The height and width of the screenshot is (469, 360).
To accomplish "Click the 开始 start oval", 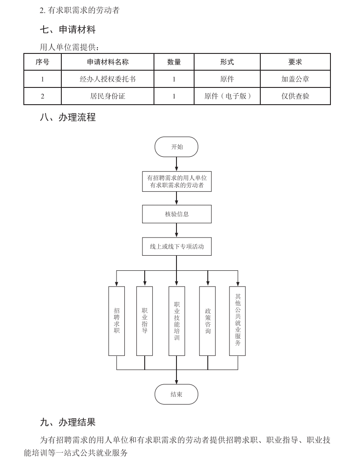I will pos(176,147).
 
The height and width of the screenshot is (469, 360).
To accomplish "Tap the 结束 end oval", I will pos(176,394).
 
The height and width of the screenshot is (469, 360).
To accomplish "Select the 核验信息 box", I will pos(176,214).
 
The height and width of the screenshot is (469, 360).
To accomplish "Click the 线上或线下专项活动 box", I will pos(176,246).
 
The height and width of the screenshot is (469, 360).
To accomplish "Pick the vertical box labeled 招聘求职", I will pos(116,321).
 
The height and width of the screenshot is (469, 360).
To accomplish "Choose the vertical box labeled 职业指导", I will pos(145,321).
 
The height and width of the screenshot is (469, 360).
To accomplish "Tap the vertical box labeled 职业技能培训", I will pos(176,321).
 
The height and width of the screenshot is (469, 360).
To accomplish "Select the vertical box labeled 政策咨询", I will pos(207,321).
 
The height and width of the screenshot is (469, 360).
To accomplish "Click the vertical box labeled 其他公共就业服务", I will pos(238,321).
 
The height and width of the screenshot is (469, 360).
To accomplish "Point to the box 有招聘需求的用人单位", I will pos(176,182).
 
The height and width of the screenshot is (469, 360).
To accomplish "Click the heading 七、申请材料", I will pos(67,30).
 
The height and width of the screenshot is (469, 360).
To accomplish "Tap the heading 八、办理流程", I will pos(67,117).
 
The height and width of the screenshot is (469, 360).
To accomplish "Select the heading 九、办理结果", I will pos(67,422).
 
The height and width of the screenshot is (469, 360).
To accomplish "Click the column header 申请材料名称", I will pos(108,62).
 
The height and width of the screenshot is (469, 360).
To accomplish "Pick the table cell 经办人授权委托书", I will pos(108,79).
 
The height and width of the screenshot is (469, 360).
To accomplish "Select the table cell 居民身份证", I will pos(108,96).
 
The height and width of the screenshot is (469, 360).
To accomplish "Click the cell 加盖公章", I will pos(295,79).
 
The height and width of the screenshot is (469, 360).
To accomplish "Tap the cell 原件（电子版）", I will pos(227,96).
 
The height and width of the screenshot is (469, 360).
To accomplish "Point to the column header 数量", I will pos(174,62).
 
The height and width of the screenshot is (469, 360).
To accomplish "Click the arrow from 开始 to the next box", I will pos(176,164).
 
